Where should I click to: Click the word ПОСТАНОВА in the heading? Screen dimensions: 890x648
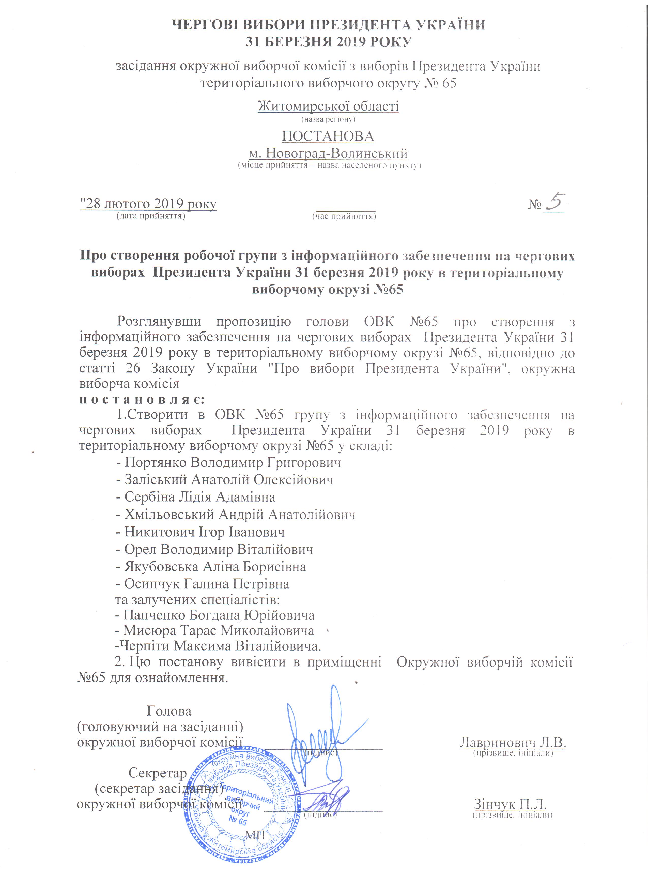328,137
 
